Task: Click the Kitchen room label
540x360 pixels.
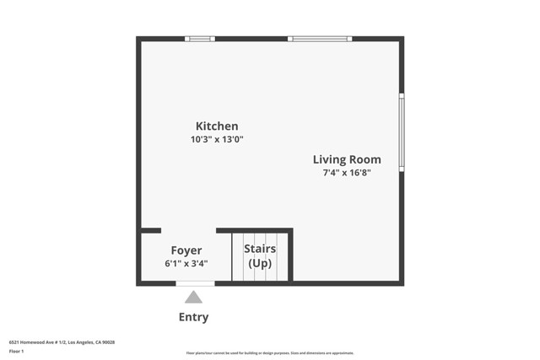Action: point(217,126)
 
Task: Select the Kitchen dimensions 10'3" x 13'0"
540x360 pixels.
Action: point(217,140)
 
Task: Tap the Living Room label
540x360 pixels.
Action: point(347,159)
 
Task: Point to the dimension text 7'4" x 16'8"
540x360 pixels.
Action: point(347,173)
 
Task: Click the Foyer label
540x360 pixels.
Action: point(186,250)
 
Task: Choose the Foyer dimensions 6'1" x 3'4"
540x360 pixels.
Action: point(186,264)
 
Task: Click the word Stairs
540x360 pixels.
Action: point(260,249)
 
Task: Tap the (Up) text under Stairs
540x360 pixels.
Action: point(260,264)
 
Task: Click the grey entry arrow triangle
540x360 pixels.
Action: point(193,297)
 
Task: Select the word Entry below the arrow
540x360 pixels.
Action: point(193,318)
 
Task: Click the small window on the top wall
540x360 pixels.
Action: point(200,39)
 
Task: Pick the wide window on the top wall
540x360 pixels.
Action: point(320,39)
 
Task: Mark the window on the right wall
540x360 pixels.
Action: point(402,132)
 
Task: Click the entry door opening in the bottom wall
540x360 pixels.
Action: point(195,283)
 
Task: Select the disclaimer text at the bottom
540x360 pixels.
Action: point(269,353)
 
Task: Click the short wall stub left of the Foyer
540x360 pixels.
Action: point(150,230)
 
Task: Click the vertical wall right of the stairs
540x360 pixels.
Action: point(290,255)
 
